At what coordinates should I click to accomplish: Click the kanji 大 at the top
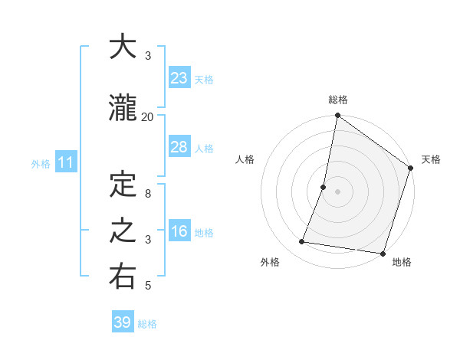point(123,47)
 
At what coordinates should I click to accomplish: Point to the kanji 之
point(123,231)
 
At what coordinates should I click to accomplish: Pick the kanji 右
point(123,277)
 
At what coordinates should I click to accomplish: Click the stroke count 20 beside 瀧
point(147,116)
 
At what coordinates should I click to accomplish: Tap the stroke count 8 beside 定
point(148,194)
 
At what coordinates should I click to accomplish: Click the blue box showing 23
point(179,77)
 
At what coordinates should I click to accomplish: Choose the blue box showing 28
point(179,147)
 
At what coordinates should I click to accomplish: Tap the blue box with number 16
point(179,231)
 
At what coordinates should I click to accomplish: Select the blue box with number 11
point(65,162)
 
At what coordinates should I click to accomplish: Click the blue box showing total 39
point(123,322)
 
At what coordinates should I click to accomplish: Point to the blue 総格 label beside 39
point(148,324)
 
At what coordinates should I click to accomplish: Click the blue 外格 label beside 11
point(41,163)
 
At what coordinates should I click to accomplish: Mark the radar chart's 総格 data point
point(337,116)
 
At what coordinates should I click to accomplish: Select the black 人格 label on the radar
point(245,159)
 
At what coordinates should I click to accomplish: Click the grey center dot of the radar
point(337,191)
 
